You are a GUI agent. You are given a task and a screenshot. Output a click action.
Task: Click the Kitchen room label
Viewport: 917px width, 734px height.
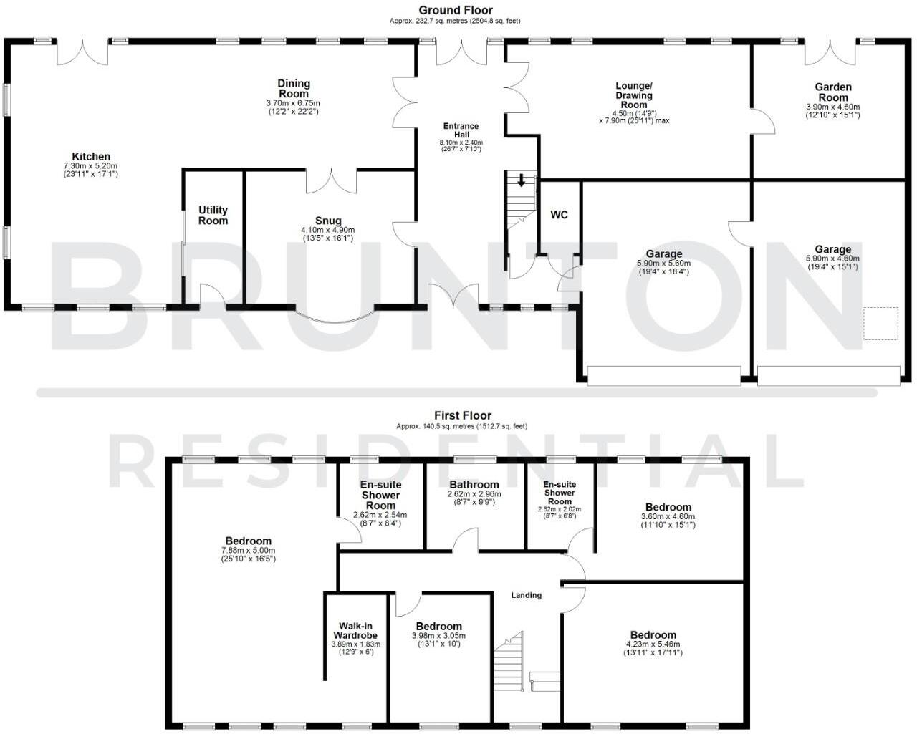click(91, 157)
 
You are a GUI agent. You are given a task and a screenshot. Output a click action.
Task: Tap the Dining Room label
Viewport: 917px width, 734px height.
click(293, 88)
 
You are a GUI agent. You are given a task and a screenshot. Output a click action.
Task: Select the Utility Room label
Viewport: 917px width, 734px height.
click(213, 215)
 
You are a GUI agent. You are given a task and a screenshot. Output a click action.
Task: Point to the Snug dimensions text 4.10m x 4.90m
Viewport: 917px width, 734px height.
click(327, 230)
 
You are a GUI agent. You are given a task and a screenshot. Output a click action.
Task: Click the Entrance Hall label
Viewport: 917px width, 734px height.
click(461, 130)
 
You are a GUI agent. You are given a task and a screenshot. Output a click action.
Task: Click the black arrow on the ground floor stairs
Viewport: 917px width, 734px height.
click(522, 180)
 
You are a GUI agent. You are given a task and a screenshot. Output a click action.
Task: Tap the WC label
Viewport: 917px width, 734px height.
click(559, 214)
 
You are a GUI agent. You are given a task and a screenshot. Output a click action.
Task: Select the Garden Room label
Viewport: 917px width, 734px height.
click(832, 92)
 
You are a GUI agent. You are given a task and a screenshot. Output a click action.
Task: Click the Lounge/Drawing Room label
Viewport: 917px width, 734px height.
click(633, 95)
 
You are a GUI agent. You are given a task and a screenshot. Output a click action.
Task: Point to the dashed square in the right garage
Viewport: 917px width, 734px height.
click(880, 324)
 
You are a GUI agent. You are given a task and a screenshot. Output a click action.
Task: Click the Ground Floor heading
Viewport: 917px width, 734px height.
click(456, 10)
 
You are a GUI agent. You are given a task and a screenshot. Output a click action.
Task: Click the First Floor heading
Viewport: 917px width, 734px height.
click(462, 415)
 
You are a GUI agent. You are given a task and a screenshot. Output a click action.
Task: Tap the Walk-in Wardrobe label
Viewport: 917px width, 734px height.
click(355, 631)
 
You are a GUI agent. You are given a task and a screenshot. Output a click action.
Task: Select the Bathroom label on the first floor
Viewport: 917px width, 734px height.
click(474, 485)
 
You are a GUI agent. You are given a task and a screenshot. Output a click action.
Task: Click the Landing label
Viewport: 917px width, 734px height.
click(526, 595)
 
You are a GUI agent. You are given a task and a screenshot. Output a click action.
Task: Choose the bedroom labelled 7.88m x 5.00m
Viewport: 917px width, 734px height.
click(248, 541)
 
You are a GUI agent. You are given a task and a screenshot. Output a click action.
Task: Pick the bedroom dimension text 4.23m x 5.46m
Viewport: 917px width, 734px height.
click(653, 644)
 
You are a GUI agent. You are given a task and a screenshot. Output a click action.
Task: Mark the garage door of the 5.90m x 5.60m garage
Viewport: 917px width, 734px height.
click(663, 375)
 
